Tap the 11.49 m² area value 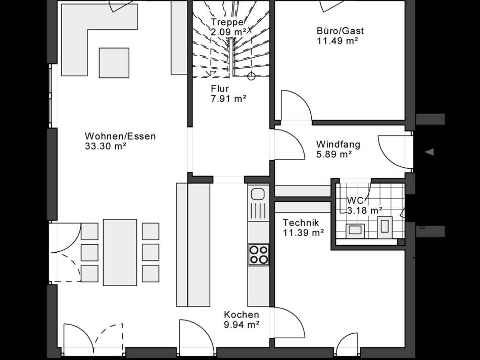tap(337, 41)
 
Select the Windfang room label tap(338, 145)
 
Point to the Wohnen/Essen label tap(120, 136)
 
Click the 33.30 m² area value tap(106, 147)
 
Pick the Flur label tap(220, 89)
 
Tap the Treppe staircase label tap(228, 22)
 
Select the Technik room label tap(300, 222)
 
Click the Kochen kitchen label tap(242, 314)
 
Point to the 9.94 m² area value tap(242, 325)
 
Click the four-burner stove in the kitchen tap(259, 254)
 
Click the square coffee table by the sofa tap(114, 62)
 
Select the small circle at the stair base tap(251, 77)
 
